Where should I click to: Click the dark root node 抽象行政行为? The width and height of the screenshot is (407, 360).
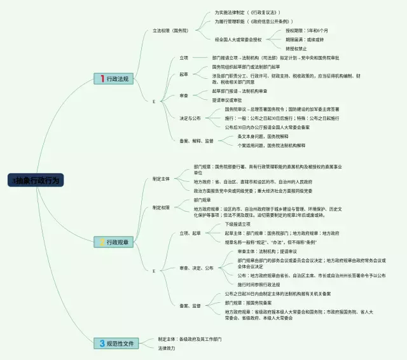[x=36, y=180]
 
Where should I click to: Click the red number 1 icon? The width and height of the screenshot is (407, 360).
[x=102, y=78]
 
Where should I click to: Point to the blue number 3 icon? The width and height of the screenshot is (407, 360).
[x=102, y=343]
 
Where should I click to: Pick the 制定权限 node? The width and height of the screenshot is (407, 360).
[x=161, y=207]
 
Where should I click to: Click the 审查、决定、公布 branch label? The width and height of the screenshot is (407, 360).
[x=196, y=268]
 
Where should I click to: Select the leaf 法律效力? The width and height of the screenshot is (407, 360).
[x=167, y=348]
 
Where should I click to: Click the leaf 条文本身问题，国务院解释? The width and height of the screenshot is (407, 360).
[x=266, y=136]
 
